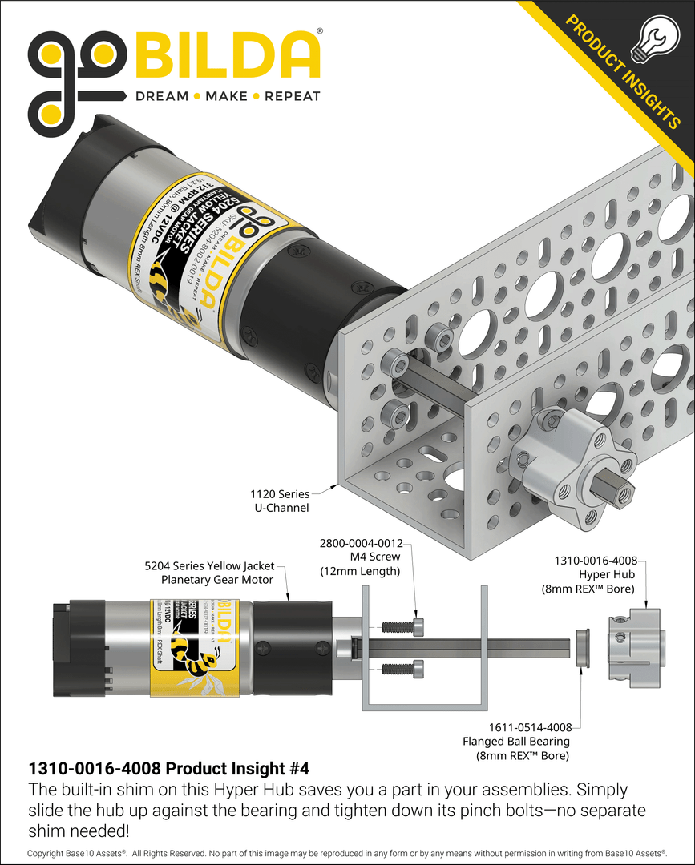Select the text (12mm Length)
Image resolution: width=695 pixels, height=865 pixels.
click(x=360, y=571)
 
